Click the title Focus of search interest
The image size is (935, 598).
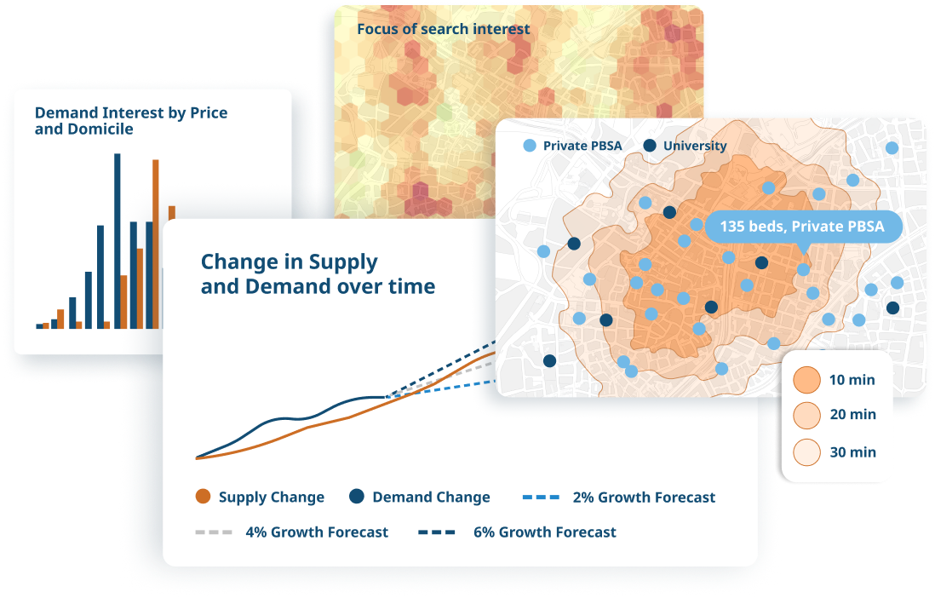443,29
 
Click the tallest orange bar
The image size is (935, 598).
156,244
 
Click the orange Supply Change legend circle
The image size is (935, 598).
203,497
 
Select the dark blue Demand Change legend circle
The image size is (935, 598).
357,497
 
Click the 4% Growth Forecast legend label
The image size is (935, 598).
316,532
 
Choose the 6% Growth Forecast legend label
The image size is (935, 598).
544,532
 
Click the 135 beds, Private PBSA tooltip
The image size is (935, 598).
801,227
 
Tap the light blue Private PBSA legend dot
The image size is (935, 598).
530,146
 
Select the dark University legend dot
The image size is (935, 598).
650,146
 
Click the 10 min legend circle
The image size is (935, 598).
806,380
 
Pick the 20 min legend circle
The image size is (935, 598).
806,416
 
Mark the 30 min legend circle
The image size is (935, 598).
806,451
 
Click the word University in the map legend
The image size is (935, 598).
694,146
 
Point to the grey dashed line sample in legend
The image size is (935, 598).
213,532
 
